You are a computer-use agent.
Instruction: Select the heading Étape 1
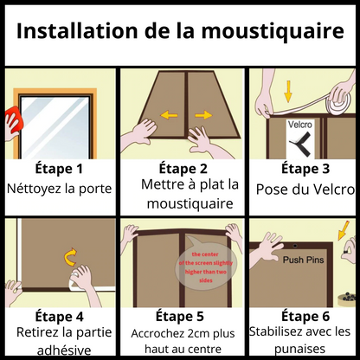[59, 168]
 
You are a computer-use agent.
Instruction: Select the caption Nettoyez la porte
[59, 187]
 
